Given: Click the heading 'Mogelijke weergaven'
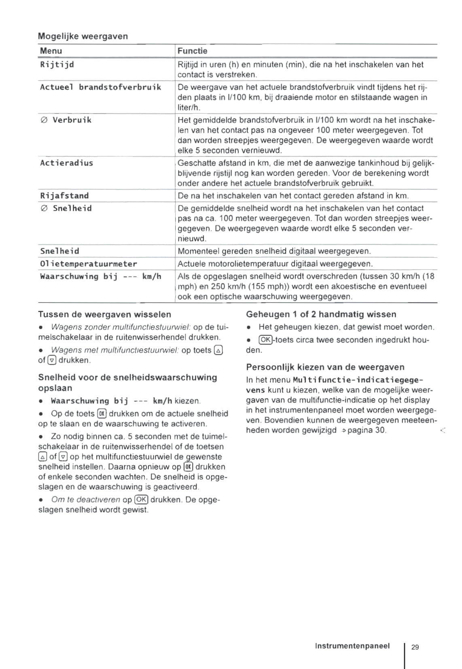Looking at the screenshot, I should (x=83, y=36).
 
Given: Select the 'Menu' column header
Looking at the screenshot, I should (x=51, y=51).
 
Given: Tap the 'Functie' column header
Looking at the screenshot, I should (x=192, y=51).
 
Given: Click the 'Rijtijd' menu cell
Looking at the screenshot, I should (x=57, y=65).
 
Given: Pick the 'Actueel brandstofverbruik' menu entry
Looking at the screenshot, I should (x=100, y=87).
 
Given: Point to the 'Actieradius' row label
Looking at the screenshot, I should (x=66, y=163).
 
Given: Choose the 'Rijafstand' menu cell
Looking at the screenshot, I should (x=64, y=196).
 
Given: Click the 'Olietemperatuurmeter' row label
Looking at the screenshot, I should (x=89, y=264).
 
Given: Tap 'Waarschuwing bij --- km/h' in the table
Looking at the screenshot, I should (x=100, y=277).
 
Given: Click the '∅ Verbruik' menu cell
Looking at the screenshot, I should (x=66, y=120).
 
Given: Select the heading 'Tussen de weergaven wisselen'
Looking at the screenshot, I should (x=104, y=314).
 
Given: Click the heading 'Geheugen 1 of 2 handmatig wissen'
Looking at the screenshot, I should (x=321, y=314).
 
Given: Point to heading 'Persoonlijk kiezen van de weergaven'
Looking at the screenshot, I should (x=325, y=367).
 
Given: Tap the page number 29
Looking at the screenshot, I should (x=415, y=647).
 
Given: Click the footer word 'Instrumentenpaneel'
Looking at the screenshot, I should (x=352, y=646).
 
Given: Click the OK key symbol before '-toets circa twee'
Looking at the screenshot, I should (x=266, y=340).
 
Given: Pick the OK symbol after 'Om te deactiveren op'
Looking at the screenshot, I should (x=142, y=500).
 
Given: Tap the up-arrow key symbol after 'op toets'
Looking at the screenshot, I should (x=218, y=350).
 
